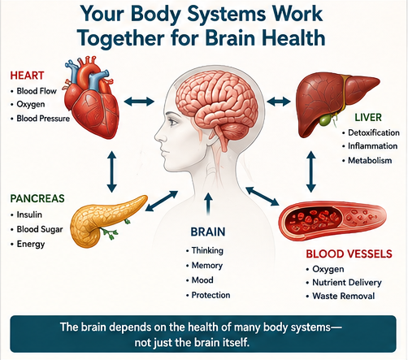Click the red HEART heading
click(x=27, y=76)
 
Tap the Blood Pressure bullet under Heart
click(x=43, y=119)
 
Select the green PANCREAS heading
click(x=37, y=198)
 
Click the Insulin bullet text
click(x=29, y=215)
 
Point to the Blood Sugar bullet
click(x=40, y=229)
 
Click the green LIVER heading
click(x=368, y=117)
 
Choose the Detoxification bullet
click(x=374, y=132)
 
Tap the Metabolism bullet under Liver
click(x=370, y=160)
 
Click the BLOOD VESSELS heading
click(x=349, y=254)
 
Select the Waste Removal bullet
click(x=344, y=296)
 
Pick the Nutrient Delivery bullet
click(x=347, y=282)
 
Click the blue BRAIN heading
click(x=208, y=232)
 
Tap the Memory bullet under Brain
click(x=207, y=265)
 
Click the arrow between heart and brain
click(x=139, y=102)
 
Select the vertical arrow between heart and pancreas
click(x=111, y=171)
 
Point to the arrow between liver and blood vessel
click(x=311, y=171)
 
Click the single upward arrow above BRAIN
click(x=208, y=204)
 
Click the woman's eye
click(x=173, y=122)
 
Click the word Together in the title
click(x=121, y=38)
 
